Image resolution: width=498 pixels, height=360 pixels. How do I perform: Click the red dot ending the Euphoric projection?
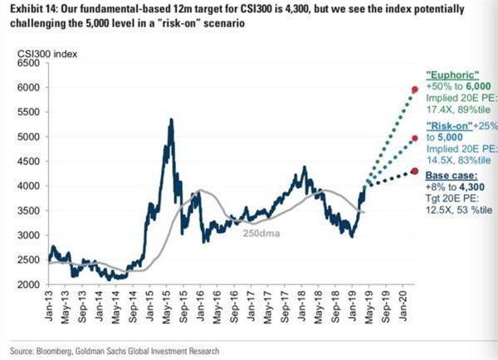pyautogui.click(x=414, y=90)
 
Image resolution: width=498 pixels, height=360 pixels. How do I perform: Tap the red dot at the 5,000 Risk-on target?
pyautogui.click(x=414, y=139)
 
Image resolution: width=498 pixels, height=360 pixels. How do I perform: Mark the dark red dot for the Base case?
pyautogui.click(x=414, y=172)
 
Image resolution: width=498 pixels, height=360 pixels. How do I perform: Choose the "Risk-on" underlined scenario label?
pyautogui.click(x=448, y=124)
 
